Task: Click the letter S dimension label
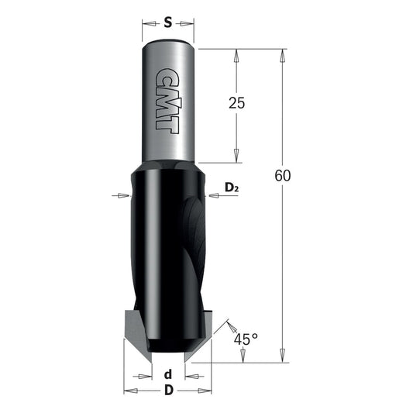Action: point(168,22)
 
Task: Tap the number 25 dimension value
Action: point(236,103)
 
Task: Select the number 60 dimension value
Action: point(283,176)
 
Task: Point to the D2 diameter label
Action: point(232,188)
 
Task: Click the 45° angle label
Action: point(246,339)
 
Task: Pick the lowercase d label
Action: point(168,374)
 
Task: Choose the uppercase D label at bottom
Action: point(169,390)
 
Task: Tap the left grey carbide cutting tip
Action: point(137,336)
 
